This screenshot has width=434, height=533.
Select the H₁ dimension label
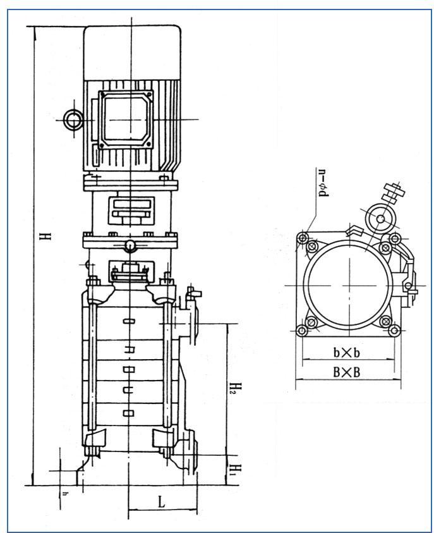coord(233,469)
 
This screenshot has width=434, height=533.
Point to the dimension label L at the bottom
coord(161,503)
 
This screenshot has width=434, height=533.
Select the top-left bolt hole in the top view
coord(304,238)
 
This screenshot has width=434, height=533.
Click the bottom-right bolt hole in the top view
coord(394,329)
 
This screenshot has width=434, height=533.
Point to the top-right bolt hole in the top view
coord(394,238)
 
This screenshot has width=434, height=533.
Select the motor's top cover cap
coord(131,54)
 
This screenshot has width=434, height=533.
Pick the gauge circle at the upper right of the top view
coord(382,219)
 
